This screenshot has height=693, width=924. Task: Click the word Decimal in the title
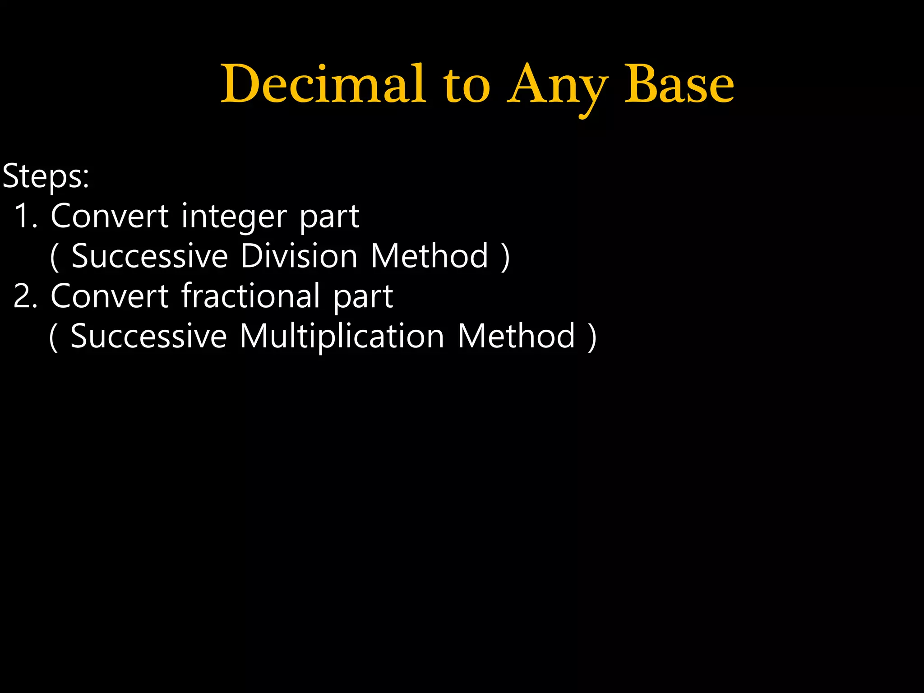click(323, 84)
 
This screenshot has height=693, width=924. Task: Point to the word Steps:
click(46, 176)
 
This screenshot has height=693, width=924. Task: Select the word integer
click(234, 217)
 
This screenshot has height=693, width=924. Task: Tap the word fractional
click(250, 296)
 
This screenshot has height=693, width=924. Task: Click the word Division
click(299, 256)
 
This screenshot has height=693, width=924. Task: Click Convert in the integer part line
click(110, 216)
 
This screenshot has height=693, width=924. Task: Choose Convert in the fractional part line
click(110, 296)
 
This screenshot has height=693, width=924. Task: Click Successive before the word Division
click(150, 256)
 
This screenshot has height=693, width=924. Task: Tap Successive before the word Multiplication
click(149, 337)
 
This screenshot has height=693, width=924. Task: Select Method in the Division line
click(430, 256)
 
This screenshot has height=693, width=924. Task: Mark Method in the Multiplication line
click(517, 337)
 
